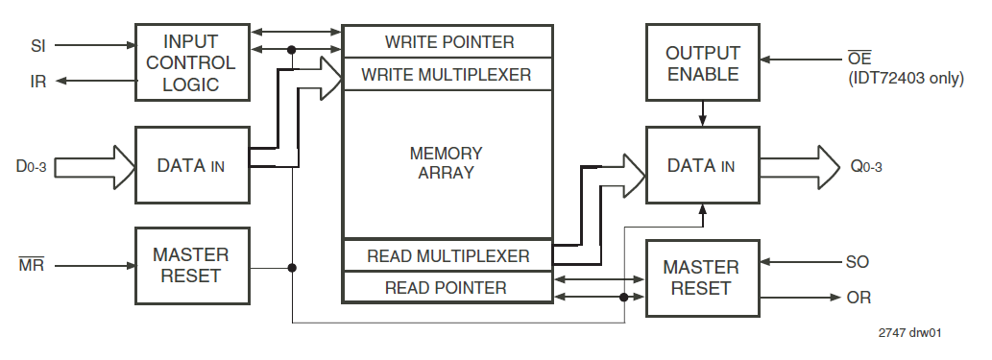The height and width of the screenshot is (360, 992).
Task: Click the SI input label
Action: pos(38,44)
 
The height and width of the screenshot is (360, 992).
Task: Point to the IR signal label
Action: pos(38,82)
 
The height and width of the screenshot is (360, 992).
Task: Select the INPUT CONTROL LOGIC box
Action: pos(192,62)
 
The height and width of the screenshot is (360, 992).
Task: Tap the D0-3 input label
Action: pos(31,166)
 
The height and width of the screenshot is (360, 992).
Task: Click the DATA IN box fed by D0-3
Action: pos(192,165)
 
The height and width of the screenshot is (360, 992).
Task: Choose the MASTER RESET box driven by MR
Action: pos(192,266)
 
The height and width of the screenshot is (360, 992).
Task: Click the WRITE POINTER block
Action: pos(448,42)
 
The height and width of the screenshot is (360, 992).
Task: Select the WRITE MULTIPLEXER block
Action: pos(448,74)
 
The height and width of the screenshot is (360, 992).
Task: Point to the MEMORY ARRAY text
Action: pos(447,163)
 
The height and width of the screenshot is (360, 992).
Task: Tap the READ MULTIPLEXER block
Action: pos(448,256)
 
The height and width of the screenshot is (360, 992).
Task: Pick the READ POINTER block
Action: pos(448,287)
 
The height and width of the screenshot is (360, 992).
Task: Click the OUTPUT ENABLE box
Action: pos(702,62)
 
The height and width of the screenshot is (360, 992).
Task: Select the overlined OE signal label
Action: pos(860,60)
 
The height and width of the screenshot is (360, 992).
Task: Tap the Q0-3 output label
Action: pos(866,166)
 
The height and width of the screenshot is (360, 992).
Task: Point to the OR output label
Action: pos(859,298)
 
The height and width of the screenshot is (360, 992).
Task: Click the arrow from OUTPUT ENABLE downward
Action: pos(703,114)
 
